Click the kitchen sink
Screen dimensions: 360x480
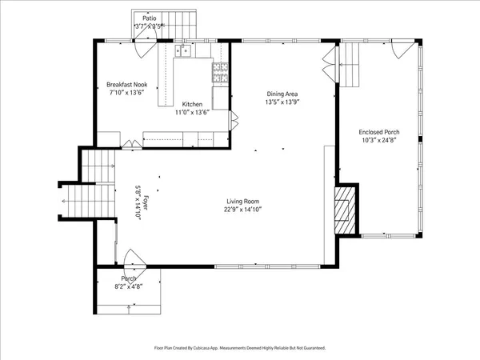click(185, 53)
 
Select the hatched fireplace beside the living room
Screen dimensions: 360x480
click(344, 210)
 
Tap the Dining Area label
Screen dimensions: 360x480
click(282, 94)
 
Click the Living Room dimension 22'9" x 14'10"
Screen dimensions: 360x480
click(242, 210)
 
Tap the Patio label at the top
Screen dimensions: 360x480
click(150, 18)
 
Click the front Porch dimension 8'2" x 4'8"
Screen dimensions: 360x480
click(129, 286)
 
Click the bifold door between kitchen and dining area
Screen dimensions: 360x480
click(234, 121)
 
